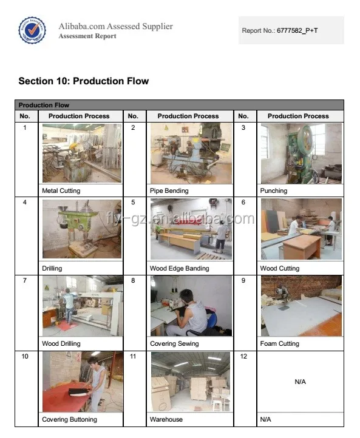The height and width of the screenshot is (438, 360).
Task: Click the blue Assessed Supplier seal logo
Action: (x=32, y=30)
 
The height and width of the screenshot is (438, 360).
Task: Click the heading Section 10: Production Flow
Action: (x=83, y=81)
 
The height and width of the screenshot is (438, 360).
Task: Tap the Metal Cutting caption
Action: (x=61, y=190)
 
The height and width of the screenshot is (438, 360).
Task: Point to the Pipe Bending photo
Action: (x=191, y=153)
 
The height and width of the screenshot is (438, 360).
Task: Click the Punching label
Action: (x=273, y=190)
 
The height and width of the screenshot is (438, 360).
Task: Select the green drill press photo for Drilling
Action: (x=81, y=229)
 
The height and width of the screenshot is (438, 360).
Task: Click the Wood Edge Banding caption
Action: (x=179, y=268)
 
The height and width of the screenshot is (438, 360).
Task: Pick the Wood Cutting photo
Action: (x=301, y=229)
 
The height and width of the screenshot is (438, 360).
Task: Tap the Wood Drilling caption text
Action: (x=61, y=344)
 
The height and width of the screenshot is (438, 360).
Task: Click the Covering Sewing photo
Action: (x=191, y=306)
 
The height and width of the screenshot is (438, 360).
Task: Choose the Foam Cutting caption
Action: (x=279, y=344)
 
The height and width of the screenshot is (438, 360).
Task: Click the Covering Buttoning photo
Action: (x=81, y=382)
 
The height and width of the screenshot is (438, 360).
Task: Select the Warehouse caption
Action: (x=166, y=419)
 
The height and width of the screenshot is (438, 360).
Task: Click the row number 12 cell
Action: (x=243, y=356)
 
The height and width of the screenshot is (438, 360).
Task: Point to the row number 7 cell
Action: (x=25, y=280)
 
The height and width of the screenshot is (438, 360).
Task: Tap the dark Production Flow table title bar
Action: (x=180, y=105)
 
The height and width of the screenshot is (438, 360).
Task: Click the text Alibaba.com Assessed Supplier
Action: (x=115, y=26)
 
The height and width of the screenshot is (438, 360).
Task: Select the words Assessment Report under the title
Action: (x=87, y=36)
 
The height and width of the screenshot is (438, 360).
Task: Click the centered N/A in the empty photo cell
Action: (x=300, y=382)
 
